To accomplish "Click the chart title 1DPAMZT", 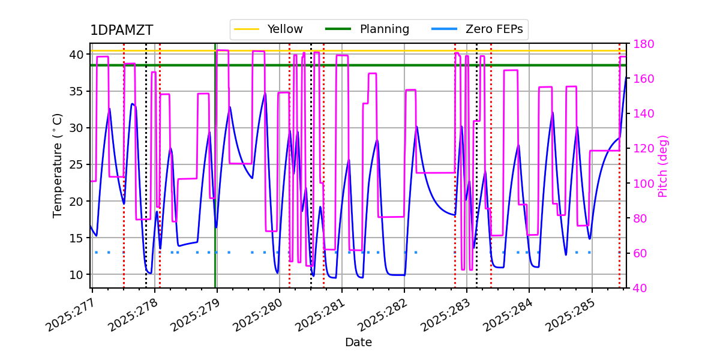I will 121,31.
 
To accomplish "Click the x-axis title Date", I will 358,343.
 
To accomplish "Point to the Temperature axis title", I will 58,166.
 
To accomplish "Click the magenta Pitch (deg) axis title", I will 663,166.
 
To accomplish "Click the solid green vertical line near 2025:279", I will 215,180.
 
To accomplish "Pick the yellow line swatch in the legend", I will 246,29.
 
